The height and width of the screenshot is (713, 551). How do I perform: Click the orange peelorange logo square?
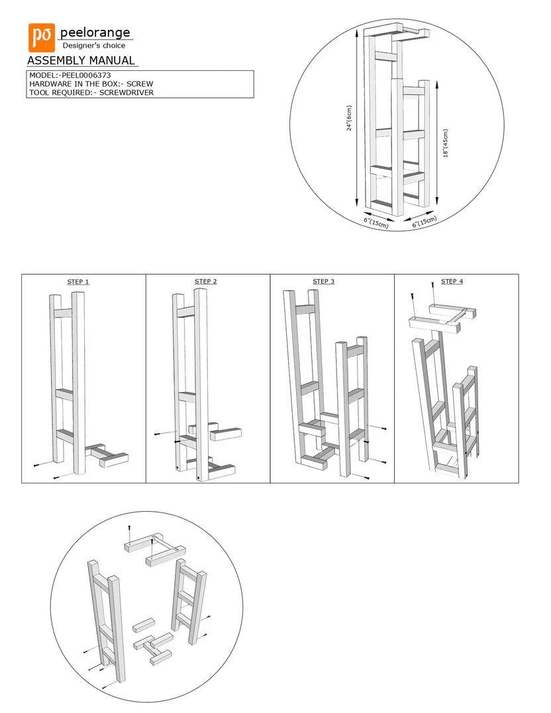click(x=41, y=38)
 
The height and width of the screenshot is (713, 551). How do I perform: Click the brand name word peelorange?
click(x=95, y=32)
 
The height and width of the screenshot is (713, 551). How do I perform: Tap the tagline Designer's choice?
click(x=93, y=46)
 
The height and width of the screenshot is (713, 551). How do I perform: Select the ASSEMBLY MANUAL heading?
click(x=81, y=61)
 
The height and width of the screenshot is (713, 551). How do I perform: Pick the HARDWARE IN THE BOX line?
click(x=91, y=84)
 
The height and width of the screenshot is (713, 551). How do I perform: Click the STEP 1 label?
click(x=78, y=282)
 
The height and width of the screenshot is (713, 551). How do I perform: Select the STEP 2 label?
click(x=205, y=281)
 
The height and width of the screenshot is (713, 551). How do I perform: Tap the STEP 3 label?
click(x=323, y=281)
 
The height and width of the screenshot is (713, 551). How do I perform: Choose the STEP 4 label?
click(x=452, y=281)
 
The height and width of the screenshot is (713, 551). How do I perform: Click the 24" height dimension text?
click(x=349, y=119)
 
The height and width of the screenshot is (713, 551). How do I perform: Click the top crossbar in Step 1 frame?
click(x=64, y=313)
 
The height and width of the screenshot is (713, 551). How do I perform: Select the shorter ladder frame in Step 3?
click(x=351, y=404)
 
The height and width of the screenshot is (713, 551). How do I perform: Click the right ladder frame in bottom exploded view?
click(x=188, y=602)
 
